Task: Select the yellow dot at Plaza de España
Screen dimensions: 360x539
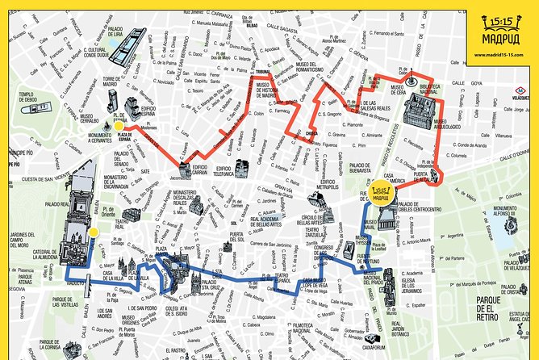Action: [119, 125]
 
